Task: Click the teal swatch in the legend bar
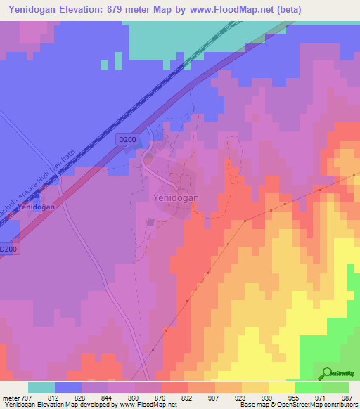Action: (x=41, y=387)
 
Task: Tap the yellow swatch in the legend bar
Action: (x=282, y=387)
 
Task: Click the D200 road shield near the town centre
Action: (x=127, y=140)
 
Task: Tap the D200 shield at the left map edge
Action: (x=7, y=249)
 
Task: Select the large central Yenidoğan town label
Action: (x=176, y=198)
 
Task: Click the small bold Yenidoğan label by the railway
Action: (x=37, y=207)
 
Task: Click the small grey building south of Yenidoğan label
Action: (x=150, y=222)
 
